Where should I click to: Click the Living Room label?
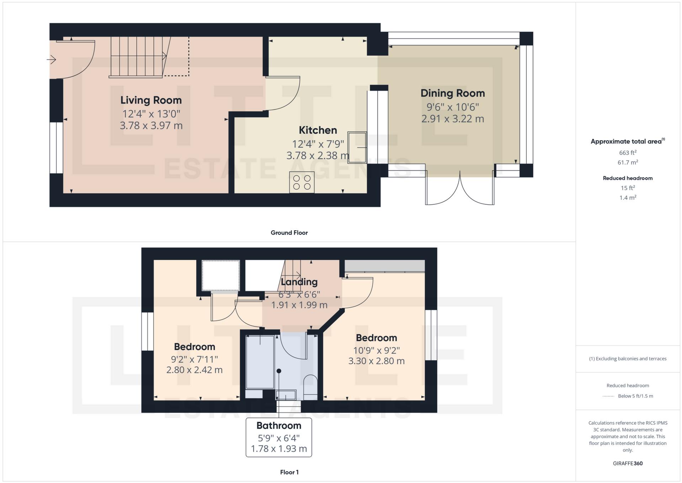151,100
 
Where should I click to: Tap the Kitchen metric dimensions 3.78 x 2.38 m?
318,156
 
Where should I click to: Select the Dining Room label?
452,93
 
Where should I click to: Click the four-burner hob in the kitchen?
302,182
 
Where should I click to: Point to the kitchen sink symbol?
357,147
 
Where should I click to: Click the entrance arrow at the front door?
52,59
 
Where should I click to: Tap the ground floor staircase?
137,57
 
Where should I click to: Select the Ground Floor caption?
289,232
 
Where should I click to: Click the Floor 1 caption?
289,472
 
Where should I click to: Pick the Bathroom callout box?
279,437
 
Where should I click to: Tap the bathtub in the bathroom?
260,362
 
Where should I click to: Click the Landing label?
299,282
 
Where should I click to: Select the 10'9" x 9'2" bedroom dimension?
376,350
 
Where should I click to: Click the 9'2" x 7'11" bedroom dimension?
195,359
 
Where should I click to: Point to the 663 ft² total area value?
628,153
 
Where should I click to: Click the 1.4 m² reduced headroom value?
628,198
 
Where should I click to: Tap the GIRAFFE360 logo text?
628,463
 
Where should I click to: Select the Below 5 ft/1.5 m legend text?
635,396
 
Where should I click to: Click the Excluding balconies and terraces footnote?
628,358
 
